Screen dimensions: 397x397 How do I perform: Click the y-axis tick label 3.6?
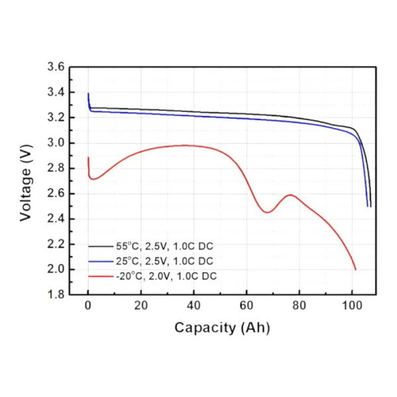click(x=56, y=67)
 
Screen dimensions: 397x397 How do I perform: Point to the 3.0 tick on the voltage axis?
click(x=56, y=143)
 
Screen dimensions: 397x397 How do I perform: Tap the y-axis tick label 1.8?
click(x=56, y=294)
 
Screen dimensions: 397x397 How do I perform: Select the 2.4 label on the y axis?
click(x=56, y=219)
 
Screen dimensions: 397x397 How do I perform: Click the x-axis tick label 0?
click(x=88, y=306)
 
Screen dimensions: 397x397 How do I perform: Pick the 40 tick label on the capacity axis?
click(x=194, y=306)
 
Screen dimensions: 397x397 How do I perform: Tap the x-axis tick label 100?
click(x=352, y=306)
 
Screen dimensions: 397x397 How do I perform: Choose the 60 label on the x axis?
click(x=246, y=306)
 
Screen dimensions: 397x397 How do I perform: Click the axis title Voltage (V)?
click(x=26, y=183)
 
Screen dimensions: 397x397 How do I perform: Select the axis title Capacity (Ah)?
click(x=222, y=328)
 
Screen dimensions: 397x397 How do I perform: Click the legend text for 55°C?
click(x=165, y=246)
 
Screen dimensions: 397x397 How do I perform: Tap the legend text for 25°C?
click(x=165, y=261)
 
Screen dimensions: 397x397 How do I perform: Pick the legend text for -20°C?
click(x=166, y=276)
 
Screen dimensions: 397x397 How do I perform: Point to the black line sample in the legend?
click(x=101, y=246)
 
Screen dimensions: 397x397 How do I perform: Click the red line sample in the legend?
click(x=101, y=276)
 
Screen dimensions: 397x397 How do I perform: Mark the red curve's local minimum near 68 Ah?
click(x=267, y=212)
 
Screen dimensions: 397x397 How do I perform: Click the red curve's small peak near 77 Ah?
click(x=290, y=195)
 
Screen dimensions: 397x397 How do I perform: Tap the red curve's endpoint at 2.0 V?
click(x=356, y=270)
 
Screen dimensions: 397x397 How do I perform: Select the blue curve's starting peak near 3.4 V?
click(x=89, y=93)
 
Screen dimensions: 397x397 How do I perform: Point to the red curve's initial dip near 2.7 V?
click(x=93, y=179)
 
